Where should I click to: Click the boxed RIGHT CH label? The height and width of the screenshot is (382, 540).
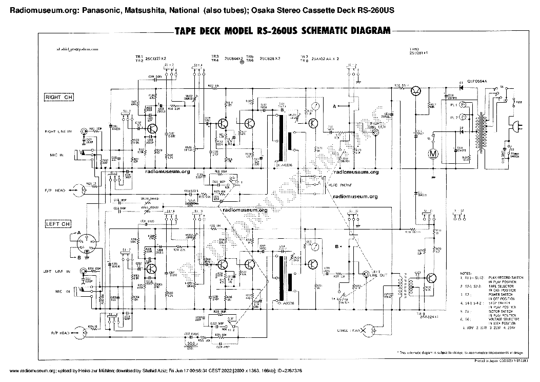point(59,97)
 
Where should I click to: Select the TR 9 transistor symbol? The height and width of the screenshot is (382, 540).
point(432,278)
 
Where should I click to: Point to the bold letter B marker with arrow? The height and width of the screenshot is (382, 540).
point(337,246)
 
